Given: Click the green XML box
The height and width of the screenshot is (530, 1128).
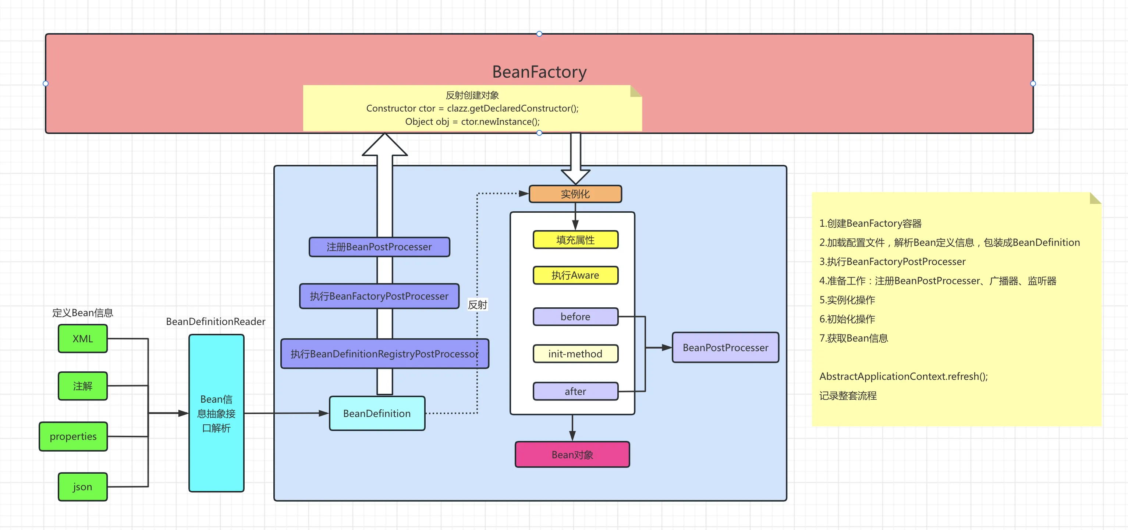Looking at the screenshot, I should (x=83, y=339).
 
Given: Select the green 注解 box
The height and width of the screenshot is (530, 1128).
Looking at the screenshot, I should (x=83, y=386).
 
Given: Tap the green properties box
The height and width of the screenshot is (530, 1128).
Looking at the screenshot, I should (x=73, y=436).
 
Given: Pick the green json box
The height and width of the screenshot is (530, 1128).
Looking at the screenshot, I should (x=83, y=487).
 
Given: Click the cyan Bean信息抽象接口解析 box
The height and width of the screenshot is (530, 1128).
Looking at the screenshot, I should (x=216, y=413).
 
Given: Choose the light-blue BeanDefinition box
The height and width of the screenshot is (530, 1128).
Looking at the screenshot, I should (x=377, y=413).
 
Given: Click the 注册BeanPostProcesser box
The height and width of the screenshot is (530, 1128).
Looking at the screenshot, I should (x=379, y=247).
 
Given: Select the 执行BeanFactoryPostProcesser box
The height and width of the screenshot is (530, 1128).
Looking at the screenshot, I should (x=379, y=296).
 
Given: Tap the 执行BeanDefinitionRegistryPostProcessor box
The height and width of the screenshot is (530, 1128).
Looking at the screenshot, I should (x=384, y=353).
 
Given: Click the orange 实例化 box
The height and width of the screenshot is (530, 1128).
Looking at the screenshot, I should (x=575, y=194).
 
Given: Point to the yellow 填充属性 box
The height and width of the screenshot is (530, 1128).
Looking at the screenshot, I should (x=575, y=240).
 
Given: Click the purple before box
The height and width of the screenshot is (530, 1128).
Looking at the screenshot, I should (x=575, y=317).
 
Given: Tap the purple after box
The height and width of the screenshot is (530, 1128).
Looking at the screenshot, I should (x=575, y=391).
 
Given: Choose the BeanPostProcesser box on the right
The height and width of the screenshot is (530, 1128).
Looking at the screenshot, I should (x=726, y=347).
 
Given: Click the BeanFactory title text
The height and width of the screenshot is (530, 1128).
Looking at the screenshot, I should (x=539, y=72).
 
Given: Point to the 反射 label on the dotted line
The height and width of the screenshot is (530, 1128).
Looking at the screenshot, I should (x=477, y=304).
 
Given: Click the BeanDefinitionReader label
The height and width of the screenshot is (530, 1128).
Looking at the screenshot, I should (x=216, y=322).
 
